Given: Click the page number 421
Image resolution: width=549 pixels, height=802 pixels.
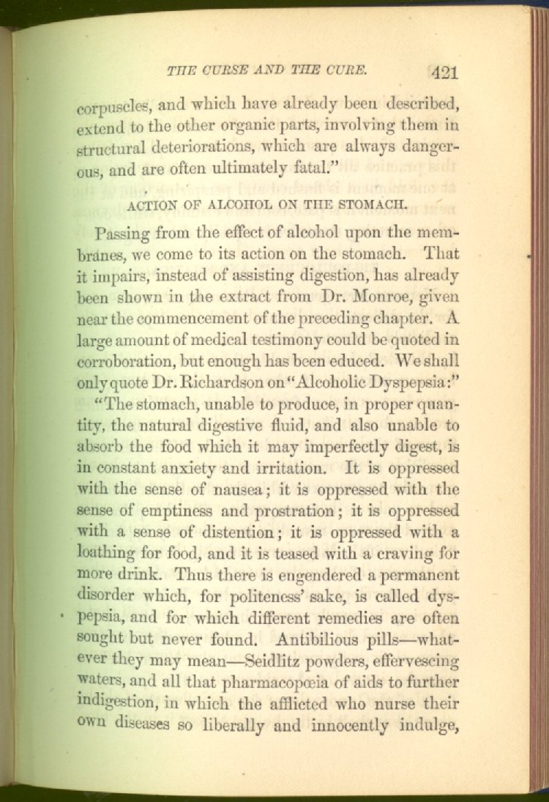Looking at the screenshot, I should coord(444,72).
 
